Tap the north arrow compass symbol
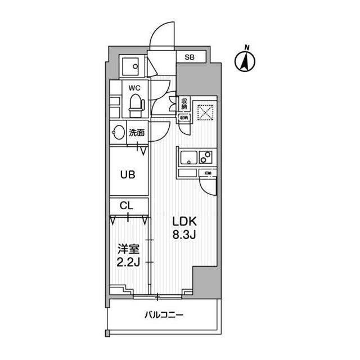click(x=245, y=59)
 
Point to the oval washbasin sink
click(x=118, y=133)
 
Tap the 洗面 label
click(x=137, y=133)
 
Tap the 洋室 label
click(x=128, y=248)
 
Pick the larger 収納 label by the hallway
click(x=184, y=103)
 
